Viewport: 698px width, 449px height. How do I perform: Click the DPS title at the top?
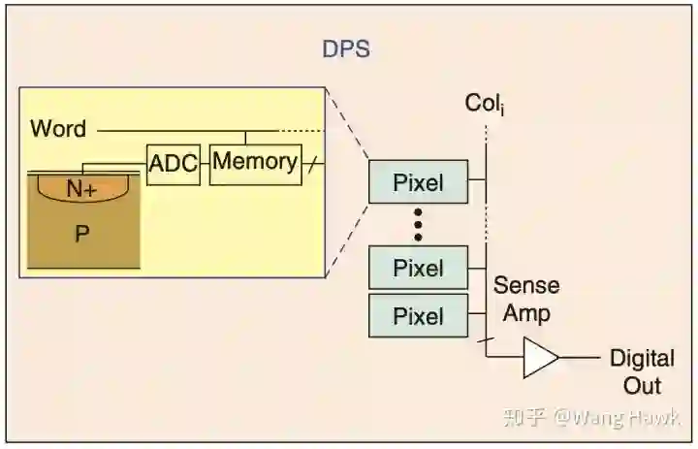345,49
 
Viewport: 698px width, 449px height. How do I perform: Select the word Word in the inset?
58,128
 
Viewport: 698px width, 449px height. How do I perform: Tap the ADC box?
174,164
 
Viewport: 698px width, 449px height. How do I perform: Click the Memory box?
255,162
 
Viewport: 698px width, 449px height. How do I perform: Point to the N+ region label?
81,190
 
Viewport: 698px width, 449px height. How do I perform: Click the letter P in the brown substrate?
81,234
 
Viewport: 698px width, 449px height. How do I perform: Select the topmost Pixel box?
418,182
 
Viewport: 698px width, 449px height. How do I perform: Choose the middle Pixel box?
418,269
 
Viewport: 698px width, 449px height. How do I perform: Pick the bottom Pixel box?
418,316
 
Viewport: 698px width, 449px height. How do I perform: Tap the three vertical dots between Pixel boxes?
418,225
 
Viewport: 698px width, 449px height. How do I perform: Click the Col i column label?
485,104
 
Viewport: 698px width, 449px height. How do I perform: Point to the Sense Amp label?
526,299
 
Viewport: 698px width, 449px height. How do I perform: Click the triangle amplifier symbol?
540,358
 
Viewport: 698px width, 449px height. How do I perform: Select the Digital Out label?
641,371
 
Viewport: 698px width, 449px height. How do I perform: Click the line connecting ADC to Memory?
205,164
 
